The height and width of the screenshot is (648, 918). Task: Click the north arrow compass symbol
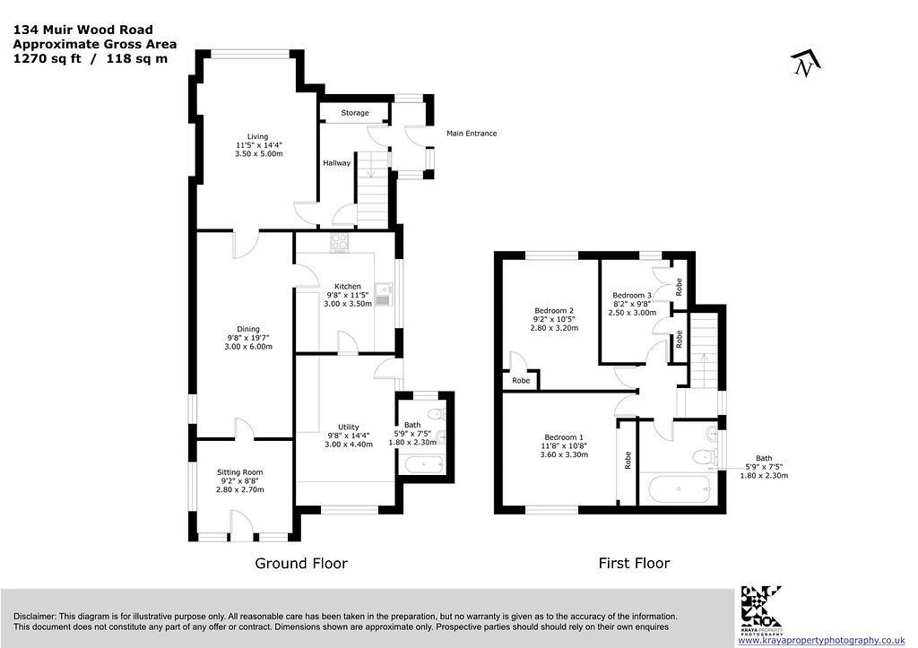tap(806, 64)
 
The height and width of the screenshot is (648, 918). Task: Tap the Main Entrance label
tap(472, 134)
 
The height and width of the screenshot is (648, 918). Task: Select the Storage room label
tap(355, 113)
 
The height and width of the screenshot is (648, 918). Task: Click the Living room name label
tap(257, 136)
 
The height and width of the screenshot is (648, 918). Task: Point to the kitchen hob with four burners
tap(339, 243)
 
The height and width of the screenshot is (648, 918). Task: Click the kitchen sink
tap(385, 294)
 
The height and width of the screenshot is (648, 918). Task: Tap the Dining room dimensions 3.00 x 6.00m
tap(248, 347)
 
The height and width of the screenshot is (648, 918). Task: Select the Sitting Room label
tap(240, 472)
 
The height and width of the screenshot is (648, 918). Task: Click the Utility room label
tap(349, 428)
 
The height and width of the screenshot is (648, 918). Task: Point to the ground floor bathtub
tap(423, 465)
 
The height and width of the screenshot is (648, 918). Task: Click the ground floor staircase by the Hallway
tap(372, 189)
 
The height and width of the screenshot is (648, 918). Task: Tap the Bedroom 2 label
tap(554, 311)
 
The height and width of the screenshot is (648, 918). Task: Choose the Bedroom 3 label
tap(632, 296)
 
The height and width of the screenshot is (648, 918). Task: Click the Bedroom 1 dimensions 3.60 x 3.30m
tap(564, 454)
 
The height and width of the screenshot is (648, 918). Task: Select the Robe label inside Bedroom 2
tap(521, 381)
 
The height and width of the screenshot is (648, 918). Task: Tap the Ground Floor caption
tap(301, 563)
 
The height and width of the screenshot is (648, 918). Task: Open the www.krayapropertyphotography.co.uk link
tap(822, 641)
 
